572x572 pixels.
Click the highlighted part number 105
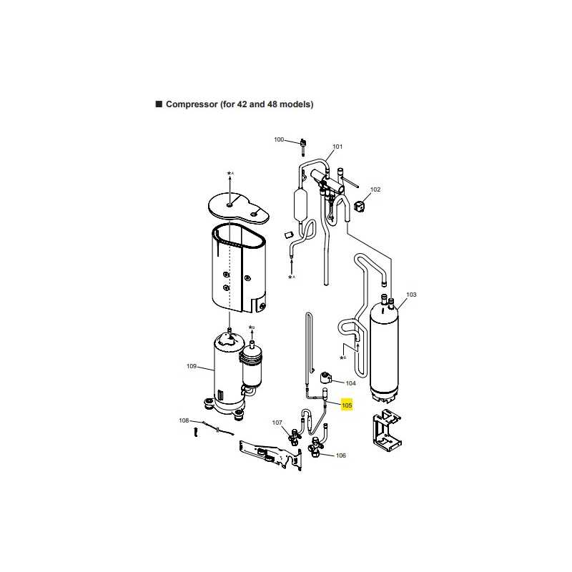pos(347,405)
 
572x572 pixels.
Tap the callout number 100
pos(279,139)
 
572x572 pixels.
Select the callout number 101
pos(337,147)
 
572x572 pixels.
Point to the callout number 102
pos(375,189)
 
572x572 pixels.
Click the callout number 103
pos(411,295)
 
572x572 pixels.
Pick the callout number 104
pos(350,383)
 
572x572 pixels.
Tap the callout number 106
pos(341,455)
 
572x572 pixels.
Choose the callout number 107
pos(277,423)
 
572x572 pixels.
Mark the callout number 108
pos(184,420)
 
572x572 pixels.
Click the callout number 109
pos(192,366)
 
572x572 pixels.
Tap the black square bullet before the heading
pos(159,104)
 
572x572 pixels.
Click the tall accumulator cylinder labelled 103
pos(384,350)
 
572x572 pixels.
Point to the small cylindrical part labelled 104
pos(325,378)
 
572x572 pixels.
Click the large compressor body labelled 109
pos(229,376)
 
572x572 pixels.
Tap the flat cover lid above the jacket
pos(238,209)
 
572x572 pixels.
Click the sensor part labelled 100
pos(302,147)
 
